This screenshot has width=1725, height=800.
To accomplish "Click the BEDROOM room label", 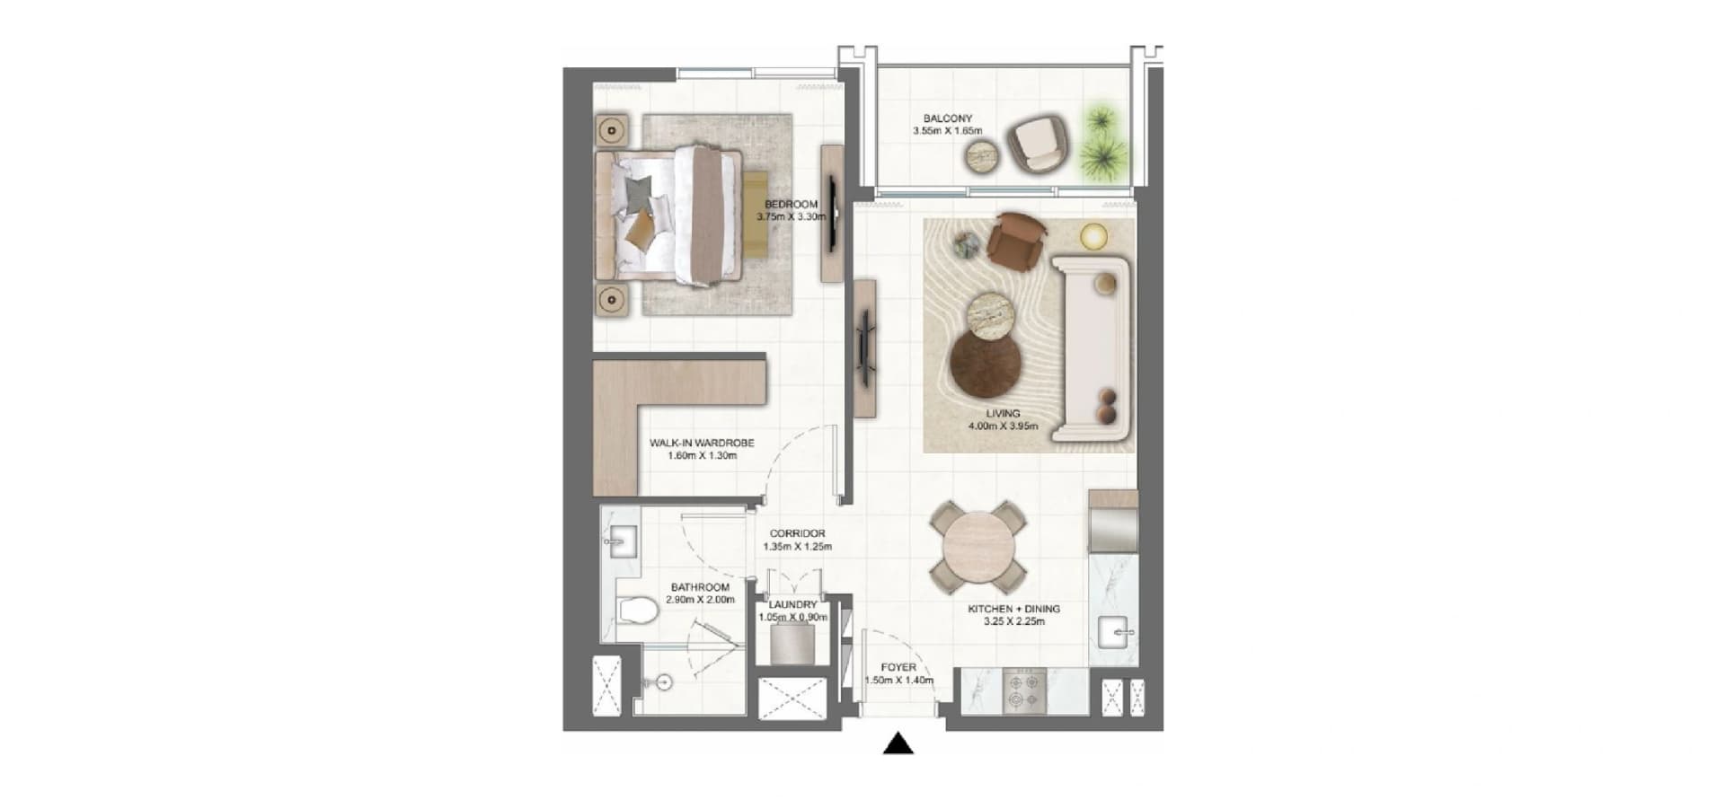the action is click(791, 205).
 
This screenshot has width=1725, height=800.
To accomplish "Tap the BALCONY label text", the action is click(948, 119).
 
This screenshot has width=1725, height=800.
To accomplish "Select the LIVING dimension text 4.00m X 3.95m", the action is click(1003, 426).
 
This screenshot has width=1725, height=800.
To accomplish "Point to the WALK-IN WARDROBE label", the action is click(702, 443).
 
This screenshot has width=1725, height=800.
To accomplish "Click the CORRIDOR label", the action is click(797, 533).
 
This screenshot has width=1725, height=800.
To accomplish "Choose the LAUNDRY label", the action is click(792, 605).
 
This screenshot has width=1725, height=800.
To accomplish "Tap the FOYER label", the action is click(898, 668).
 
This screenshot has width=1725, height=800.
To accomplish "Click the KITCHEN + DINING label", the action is click(1013, 609).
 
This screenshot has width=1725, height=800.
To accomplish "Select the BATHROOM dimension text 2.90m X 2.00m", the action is click(700, 600).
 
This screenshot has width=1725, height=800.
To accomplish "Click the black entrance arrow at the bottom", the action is click(898, 744).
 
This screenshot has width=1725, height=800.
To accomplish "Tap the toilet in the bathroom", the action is click(639, 610).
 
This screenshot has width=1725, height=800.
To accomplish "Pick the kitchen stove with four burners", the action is click(1025, 690).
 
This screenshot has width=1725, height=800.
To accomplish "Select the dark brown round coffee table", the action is click(986, 363).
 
